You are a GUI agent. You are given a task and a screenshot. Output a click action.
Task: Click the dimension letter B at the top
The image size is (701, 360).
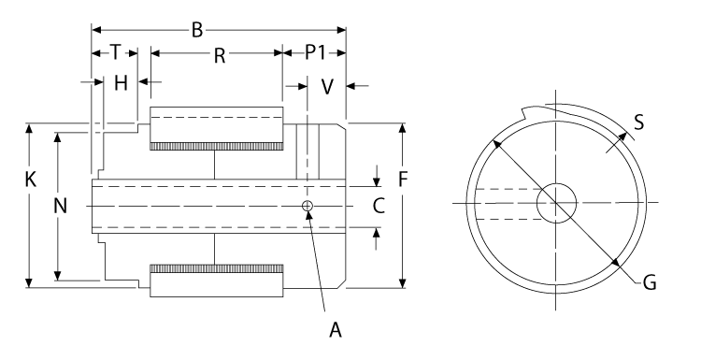[197, 31]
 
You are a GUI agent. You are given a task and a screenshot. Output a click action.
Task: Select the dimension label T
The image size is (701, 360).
[114, 53]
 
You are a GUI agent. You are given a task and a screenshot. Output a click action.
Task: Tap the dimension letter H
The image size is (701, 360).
[120, 83]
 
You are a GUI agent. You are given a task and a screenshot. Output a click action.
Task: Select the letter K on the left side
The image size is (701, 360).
[31, 180]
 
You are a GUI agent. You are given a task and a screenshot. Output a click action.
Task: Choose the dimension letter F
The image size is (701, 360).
[403, 180]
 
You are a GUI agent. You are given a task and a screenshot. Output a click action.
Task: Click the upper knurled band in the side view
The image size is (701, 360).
[215, 146]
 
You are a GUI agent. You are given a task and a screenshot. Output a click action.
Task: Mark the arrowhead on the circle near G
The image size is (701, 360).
[616, 264]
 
